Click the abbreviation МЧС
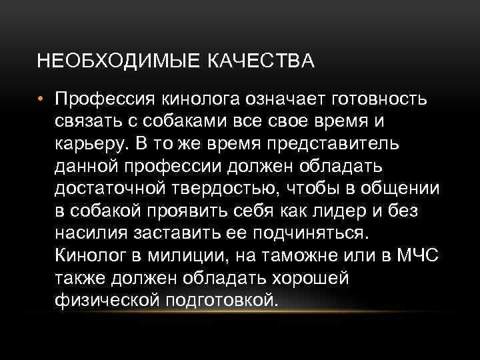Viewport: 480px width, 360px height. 418,255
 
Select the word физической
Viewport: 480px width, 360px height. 103,300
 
